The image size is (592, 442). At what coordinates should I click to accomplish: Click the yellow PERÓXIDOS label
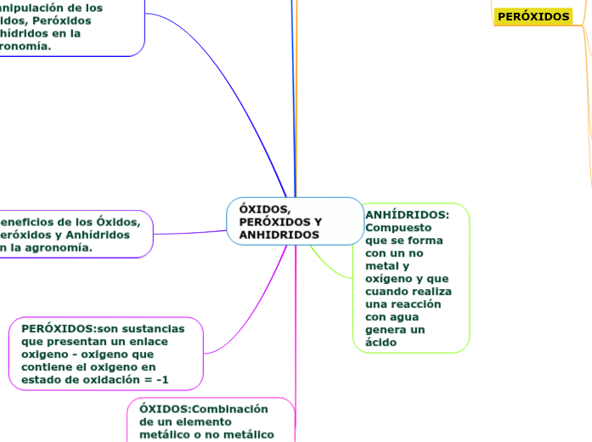(533, 16)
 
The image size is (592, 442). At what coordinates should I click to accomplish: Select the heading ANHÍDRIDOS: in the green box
(407, 215)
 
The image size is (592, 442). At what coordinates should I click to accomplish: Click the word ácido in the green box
(381, 343)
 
